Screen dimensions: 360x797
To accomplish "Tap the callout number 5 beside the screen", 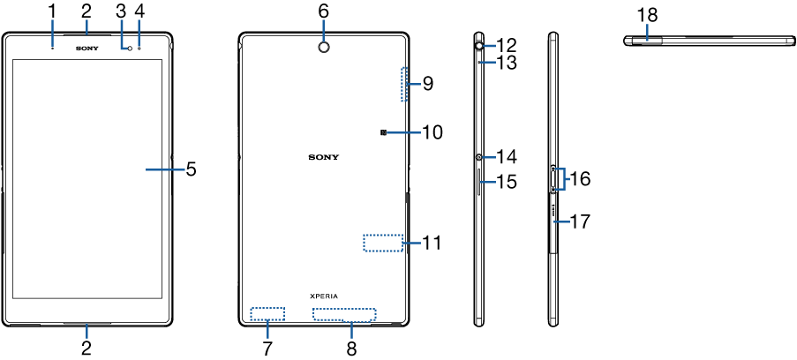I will click(x=191, y=168).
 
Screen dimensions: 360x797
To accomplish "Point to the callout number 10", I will click(x=432, y=132).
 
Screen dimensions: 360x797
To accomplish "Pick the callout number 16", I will click(x=579, y=178).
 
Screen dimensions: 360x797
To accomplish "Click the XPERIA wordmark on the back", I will click(x=323, y=296).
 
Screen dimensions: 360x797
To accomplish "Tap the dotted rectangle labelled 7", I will click(x=267, y=313).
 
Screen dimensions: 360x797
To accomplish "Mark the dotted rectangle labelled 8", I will click(x=344, y=314).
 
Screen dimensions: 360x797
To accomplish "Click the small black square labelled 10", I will click(x=384, y=132).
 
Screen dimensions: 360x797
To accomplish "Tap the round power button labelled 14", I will click(x=478, y=157).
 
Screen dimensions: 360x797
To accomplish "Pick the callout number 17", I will click(x=579, y=222).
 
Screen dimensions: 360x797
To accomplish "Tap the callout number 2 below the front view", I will click(x=86, y=348).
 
